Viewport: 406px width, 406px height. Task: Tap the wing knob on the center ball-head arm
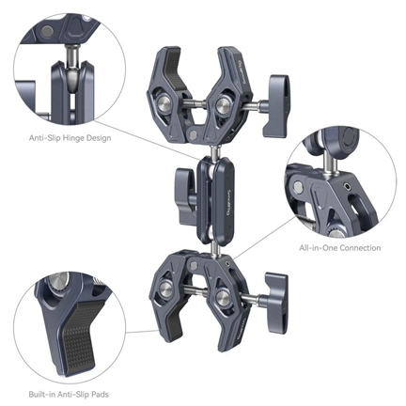point(180,186)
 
